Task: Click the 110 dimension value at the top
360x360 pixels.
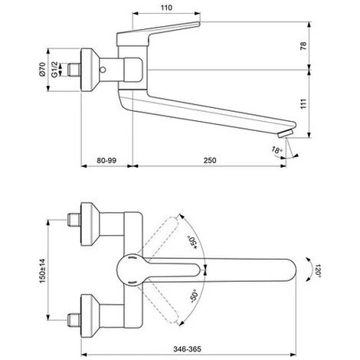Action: coord(166,8)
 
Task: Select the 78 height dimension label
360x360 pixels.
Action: coord(303,46)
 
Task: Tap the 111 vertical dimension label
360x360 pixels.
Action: coord(303,104)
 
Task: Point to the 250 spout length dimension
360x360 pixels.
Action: coord(210,160)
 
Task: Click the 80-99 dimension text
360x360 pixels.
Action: coord(106,160)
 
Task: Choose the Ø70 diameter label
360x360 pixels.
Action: coord(42,70)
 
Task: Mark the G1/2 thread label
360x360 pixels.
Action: coord(54,70)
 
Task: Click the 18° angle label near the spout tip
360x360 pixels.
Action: coord(277,150)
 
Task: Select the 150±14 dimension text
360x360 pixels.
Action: coord(42,270)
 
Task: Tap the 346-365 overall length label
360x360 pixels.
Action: coord(187,349)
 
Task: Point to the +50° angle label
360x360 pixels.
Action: coord(192,242)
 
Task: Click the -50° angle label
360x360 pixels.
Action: coord(195,296)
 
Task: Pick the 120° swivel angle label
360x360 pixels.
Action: coord(318,270)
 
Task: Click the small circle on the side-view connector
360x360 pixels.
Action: coord(103,70)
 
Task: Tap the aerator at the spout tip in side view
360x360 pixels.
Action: coord(286,133)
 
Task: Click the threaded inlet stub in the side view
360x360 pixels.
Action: coord(74,70)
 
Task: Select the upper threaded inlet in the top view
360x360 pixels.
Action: coord(74,220)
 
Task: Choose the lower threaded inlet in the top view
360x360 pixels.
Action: coord(74,320)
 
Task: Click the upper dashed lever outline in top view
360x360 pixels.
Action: coord(159,237)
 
